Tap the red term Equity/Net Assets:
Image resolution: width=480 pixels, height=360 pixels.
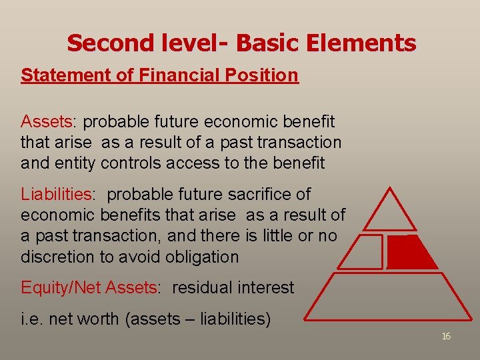click(91, 288)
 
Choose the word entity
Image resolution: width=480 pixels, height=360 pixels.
click(80, 163)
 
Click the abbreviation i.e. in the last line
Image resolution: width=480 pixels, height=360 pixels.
click(31, 319)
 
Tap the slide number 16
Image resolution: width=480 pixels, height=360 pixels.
click(446, 337)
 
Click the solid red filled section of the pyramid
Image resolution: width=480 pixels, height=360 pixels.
click(408, 253)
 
